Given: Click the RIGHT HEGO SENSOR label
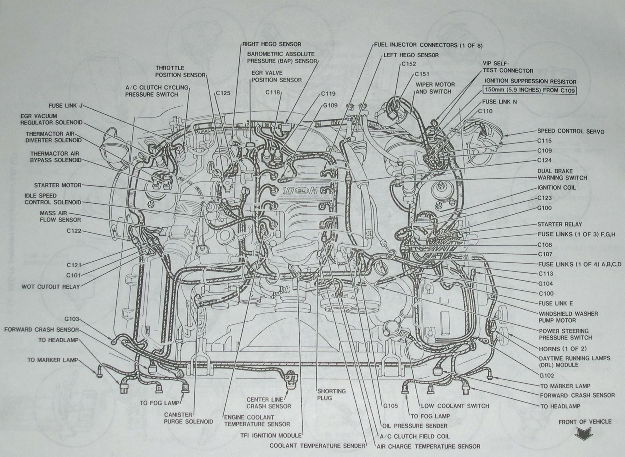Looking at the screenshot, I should point(272,44).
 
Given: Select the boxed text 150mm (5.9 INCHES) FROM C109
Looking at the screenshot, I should point(530,90).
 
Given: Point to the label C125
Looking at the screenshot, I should point(223,93).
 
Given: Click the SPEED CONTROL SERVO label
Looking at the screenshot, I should point(571,131).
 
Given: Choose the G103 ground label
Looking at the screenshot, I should point(72,319).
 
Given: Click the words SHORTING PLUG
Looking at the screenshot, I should point(331,394).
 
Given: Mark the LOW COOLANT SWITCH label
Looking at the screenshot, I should point(455,406).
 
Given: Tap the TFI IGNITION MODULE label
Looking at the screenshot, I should point(271,435).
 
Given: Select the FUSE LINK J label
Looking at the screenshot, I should point(65,106).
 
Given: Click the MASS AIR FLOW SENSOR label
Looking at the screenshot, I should point(60,216).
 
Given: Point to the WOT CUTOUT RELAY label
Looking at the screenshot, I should point(50,287).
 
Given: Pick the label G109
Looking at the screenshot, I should point(330,105).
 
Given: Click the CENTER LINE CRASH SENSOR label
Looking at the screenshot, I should point(268,403).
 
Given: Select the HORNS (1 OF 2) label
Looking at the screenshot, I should point(563,349).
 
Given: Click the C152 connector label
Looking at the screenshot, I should point(408,64).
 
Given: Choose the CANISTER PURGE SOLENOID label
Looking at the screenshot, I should point(188,418).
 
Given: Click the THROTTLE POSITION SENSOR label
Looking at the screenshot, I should point(180,71).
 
